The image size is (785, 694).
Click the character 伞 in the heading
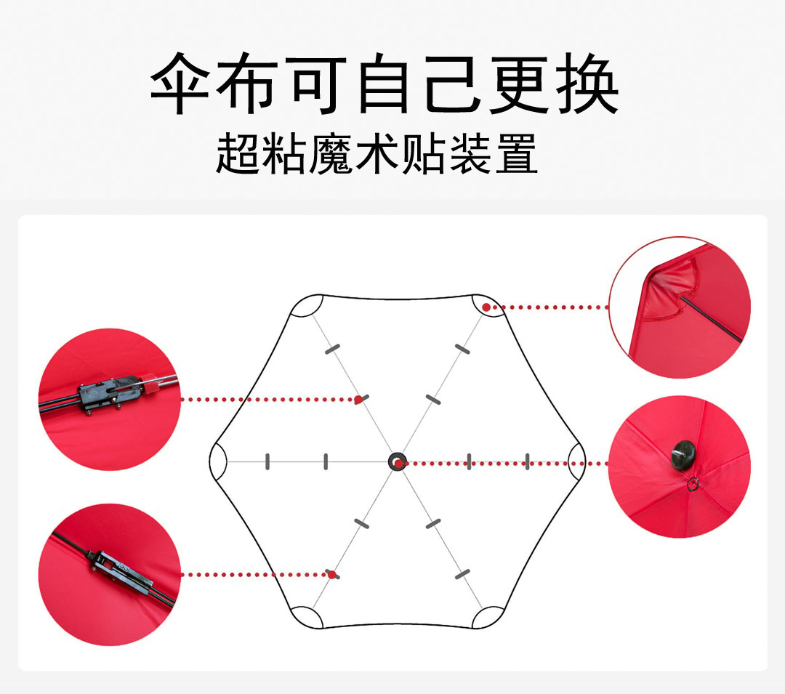coord(180,84)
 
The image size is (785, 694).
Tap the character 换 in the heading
coord(587,84)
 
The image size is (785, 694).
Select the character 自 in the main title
coord(385,84)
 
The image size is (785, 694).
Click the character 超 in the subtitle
coord(237,153)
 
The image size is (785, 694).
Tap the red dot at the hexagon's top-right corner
coord(486,307)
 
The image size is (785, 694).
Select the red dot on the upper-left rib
coord(358,399)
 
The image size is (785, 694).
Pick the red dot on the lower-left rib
coord(331,574)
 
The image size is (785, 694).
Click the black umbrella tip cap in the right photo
coord(683,455)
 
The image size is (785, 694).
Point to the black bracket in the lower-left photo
coord(121,570)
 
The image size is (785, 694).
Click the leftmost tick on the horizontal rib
coord(267,461)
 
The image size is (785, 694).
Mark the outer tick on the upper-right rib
coord(462,349)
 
